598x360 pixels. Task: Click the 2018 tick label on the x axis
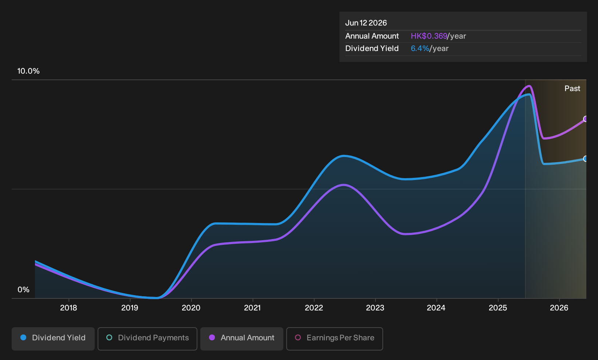tap(68, 308)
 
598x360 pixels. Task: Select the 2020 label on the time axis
tap(191, 308)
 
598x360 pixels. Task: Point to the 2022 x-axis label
tap(314, 308)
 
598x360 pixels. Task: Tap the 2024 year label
tap(436, 308)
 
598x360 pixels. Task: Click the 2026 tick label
tap(559, 308)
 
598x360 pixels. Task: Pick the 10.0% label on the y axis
tap(28, 71)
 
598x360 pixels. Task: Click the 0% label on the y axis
tap(24, 290)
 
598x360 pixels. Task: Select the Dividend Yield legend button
tap(53, 339)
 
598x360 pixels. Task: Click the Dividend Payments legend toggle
tap(147, 339)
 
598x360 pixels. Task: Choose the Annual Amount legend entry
tap(241, 339)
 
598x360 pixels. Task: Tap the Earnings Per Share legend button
tap(334, 339)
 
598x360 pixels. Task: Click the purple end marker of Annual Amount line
tap(585, 119)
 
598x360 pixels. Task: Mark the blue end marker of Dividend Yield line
tap(585, 159)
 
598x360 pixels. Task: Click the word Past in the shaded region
tap(572, 89)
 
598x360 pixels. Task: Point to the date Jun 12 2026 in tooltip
tap(366, 23)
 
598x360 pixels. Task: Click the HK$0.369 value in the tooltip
tap(429, 36)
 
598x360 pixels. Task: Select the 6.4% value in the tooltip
tap(420, 48)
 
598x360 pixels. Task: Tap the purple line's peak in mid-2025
tap(529, 86)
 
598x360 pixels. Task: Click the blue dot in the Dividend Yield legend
tap(24, 337)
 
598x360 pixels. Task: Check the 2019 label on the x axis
tap(130, 308)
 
